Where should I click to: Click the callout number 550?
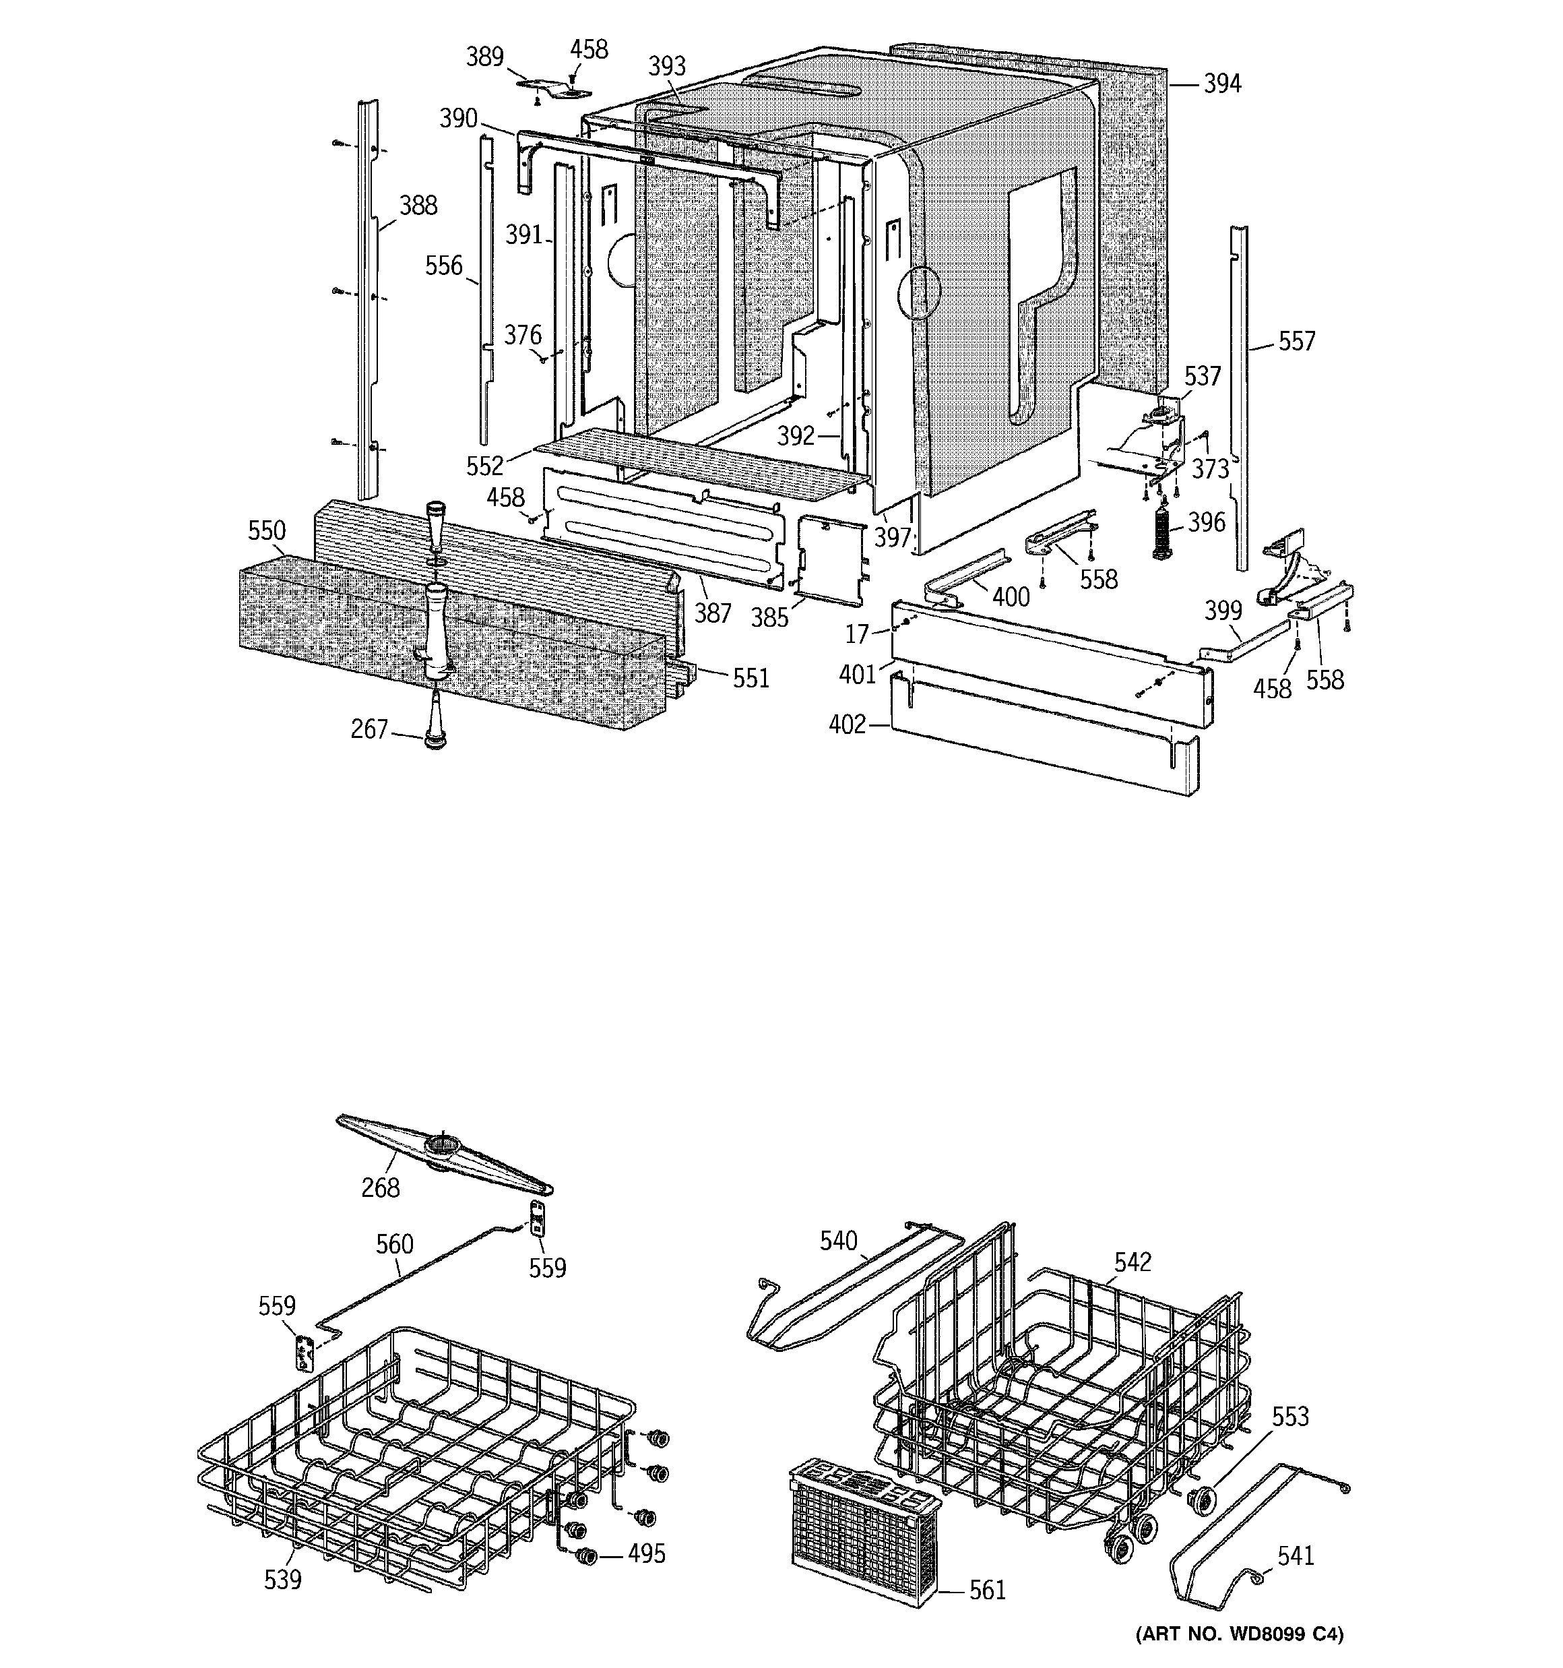[267, 531]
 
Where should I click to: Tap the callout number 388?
[418, 206]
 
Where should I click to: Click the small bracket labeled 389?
[554, 86]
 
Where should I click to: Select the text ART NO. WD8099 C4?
[1239, 1634]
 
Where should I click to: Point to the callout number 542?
[1133, 1262]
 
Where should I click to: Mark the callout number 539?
[283, 1580]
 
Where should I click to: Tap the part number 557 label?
[1297, 342]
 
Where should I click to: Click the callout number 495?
[647, 1554]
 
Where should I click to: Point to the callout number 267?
[369, 730]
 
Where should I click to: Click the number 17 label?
[856, 634]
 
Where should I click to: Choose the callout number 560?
[394, 1243]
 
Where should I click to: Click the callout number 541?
[1296, 1555]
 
